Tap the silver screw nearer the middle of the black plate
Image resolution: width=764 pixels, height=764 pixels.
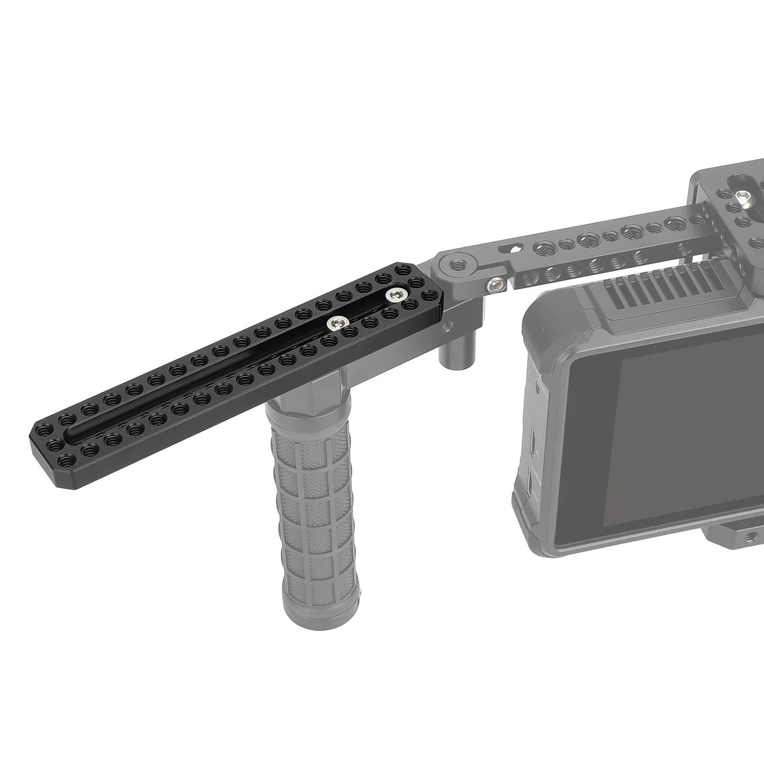click(335, 324)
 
